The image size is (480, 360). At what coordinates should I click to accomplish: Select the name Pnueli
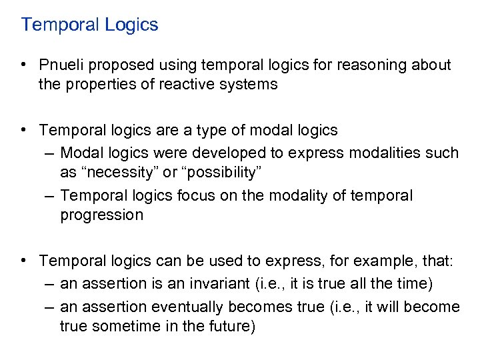pyautogui.click(x=62, y=65)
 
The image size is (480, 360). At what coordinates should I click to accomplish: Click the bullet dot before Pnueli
pyautogui.click(x=23, y=65)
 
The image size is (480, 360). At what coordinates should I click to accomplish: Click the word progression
pyautogui.click(x=101, y=215)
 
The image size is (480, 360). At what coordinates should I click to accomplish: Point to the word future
pyautogui.click(x=231, y=327)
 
